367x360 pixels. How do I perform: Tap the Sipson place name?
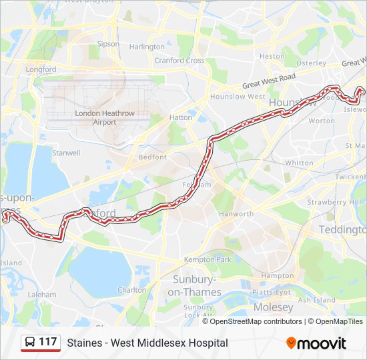108,44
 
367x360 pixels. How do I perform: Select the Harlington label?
147,47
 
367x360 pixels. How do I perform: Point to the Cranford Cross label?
179,61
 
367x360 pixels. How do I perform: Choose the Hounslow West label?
228,97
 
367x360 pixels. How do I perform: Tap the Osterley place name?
310,63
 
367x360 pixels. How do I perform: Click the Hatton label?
181,117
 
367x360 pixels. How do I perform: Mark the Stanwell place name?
66,153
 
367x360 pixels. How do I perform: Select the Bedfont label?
148,158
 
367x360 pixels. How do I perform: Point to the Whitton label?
298,163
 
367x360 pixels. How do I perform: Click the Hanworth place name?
236,214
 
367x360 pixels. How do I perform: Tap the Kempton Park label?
208,259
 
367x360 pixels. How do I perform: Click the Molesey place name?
273,307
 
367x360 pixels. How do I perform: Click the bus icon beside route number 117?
31,342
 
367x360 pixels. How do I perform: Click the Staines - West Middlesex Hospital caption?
147,343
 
